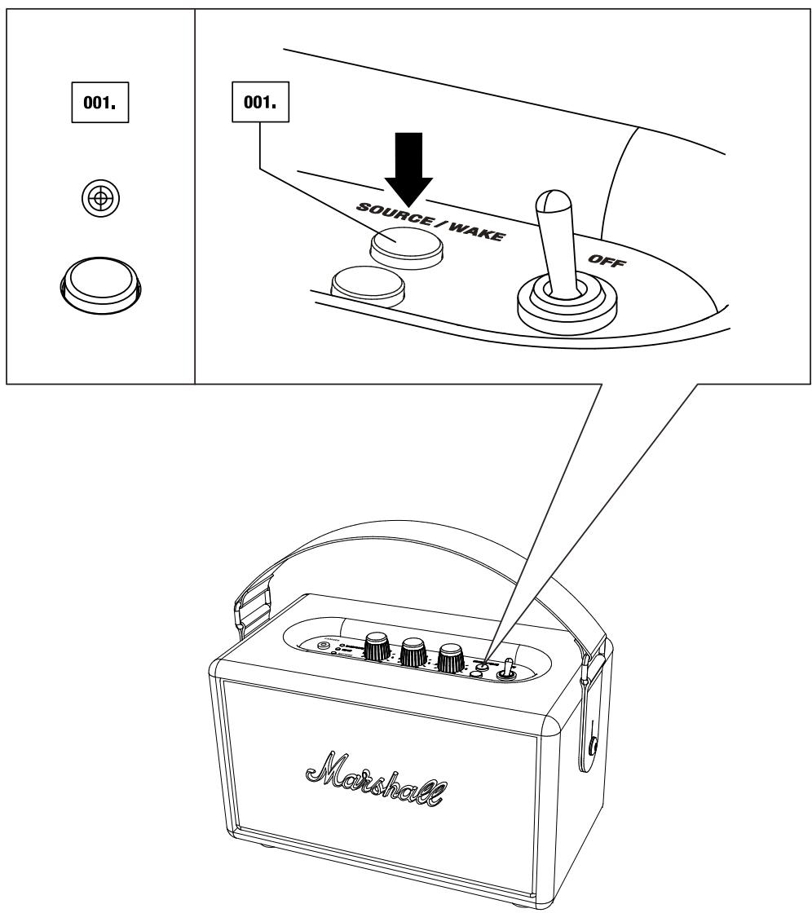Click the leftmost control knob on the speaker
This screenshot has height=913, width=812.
377,647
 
